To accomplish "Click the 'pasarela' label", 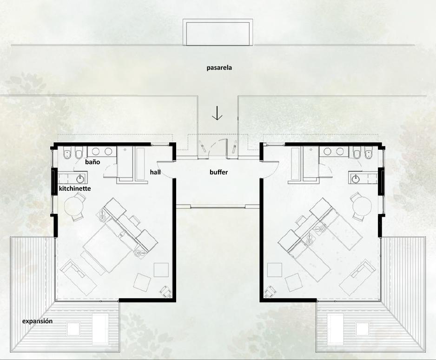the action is click(219, 68).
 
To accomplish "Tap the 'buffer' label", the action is click(218, 172).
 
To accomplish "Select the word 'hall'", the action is click(155, 172).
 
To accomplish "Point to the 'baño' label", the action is click(92, 162).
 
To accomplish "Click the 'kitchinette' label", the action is click(75, 188).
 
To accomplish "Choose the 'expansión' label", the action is click(37, 321).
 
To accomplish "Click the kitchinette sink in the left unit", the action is click(81, 179).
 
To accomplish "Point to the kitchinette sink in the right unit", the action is click(355, 179).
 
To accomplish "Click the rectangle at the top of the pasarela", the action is click(218, 32).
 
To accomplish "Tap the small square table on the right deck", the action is click(362, 329).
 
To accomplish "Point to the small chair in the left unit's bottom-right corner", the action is click(166, 291).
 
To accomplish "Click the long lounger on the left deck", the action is click(100, 328).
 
